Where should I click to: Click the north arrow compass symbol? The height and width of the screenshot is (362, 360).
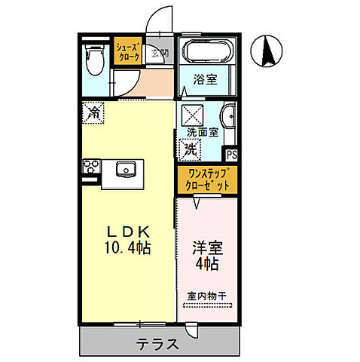tap(268, 51)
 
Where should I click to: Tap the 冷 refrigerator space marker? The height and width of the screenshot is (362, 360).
tap(93, 112)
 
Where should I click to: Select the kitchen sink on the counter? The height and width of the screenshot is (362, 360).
tap(125, 169)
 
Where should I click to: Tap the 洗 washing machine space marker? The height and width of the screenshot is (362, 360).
tap(191, 149)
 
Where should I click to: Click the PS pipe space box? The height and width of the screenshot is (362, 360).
tap(232, 155)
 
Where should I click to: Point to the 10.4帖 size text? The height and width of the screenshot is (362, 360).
tap(125, 247)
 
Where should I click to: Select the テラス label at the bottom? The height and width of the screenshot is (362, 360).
tap(157, 345)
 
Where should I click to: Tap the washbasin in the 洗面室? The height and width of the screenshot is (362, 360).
tap(228, 117)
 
